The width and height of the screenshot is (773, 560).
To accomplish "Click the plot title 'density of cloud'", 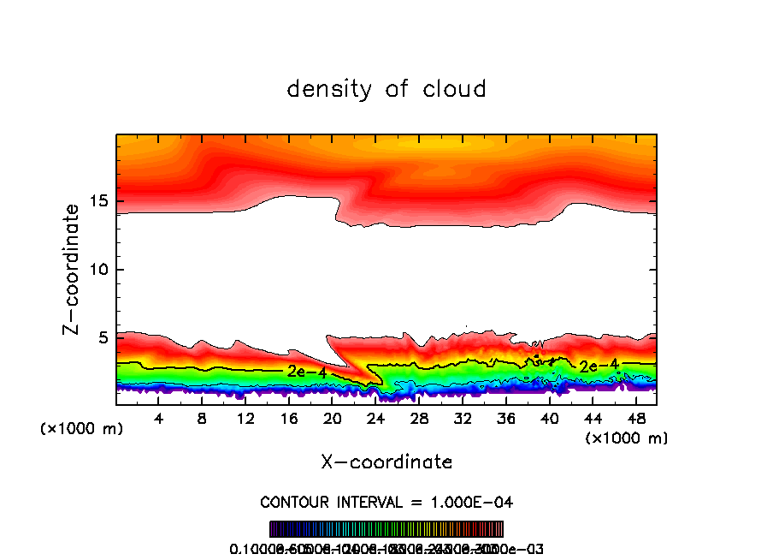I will pos(386,89).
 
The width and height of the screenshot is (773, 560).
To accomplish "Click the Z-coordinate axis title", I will pos(74,269).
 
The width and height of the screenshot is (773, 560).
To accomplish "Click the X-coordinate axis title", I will pos(386,462).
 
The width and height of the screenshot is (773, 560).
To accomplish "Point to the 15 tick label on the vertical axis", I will pos(97,202).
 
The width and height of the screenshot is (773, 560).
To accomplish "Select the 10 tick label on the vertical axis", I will pos(97,270).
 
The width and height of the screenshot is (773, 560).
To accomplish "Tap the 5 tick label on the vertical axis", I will pos(101,337).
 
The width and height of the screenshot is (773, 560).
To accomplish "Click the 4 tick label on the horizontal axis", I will pos(159,419).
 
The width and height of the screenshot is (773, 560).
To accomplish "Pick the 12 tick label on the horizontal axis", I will pos(245,419).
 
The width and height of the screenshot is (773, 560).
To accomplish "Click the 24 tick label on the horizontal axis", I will pos(375,419).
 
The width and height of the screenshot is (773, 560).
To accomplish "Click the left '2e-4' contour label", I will pos(306,372).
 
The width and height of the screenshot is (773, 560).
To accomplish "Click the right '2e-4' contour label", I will pos(598,366).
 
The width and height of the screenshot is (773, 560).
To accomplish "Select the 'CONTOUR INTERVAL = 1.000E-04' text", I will pos(386,502).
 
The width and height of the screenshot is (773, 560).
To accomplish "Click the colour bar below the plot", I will pos(386,528).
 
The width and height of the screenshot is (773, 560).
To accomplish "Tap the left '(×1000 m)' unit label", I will pos(82,429).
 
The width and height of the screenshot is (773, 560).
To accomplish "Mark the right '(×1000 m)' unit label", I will pos(626,438).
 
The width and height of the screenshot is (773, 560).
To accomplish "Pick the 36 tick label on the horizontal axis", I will pos(505,419).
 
